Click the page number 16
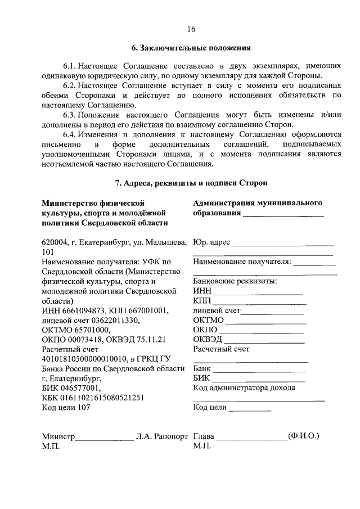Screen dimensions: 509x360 click(x=191, y=30)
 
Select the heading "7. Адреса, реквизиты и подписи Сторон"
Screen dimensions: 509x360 click(x=191, y=183)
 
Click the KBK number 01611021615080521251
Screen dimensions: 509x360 click(x=103, y=398)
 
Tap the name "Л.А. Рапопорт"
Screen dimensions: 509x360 click(x=161, y=436)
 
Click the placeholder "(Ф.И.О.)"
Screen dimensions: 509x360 click(x=303, y=436)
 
